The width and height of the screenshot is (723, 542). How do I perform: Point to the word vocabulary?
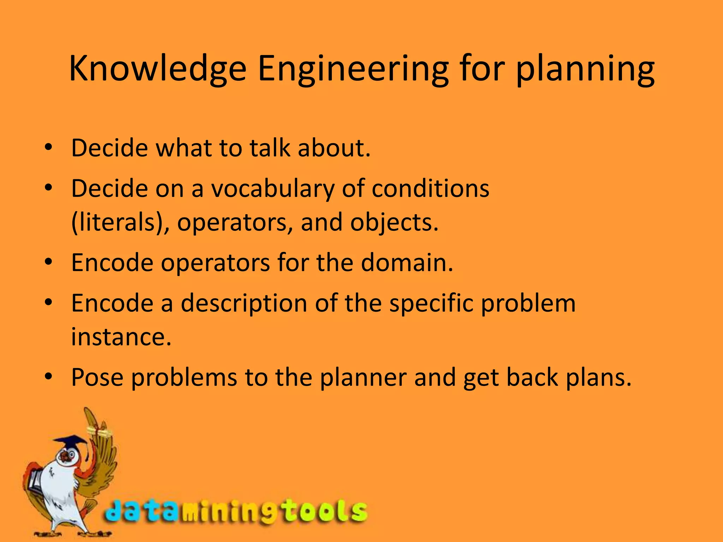(273, 189)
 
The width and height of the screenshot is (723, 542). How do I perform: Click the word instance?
(121, 337)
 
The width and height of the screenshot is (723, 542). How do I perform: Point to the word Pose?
(97, 378)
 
